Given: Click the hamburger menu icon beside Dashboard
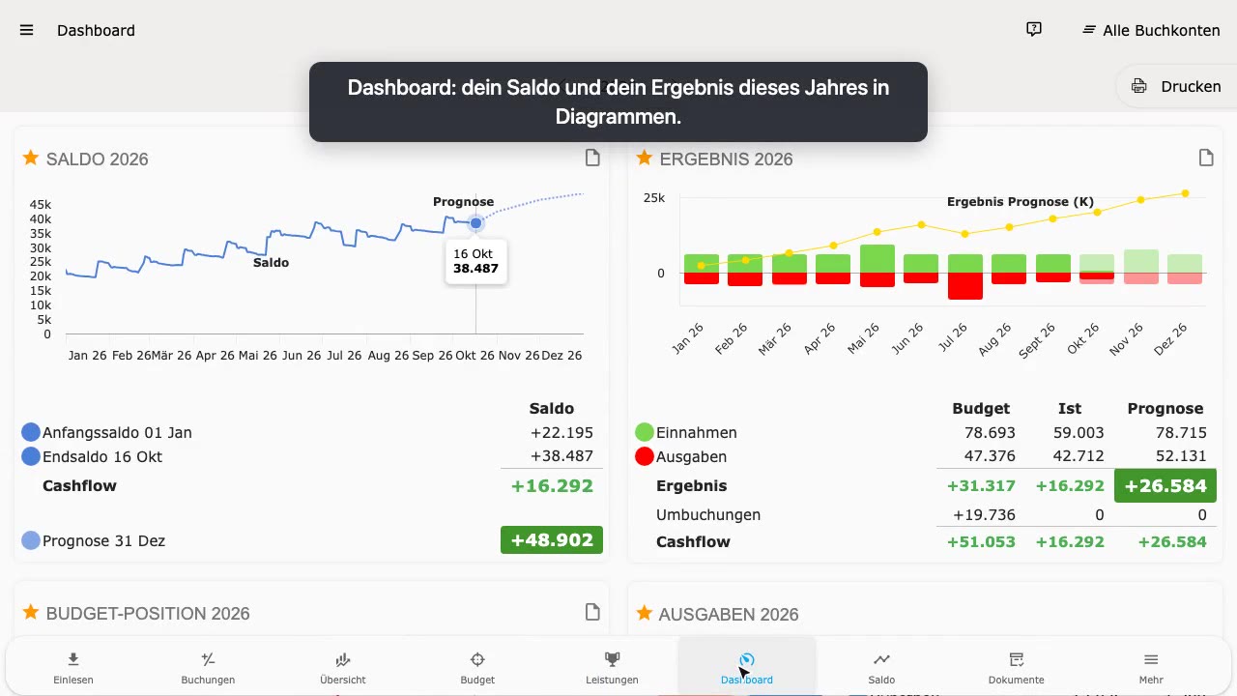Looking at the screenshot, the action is [26, 30].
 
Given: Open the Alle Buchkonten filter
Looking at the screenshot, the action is [1151, 30].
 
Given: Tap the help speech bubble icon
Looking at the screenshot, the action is [1034, 29].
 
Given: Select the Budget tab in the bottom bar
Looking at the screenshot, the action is [477, 667].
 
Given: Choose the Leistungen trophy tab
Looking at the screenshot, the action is [612, 667].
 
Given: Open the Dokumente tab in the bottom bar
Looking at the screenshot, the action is [1016, 667].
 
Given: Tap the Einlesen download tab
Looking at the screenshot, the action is [73, 667].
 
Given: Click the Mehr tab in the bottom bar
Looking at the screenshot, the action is [1151, 667].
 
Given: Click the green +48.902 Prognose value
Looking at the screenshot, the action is [552, 539].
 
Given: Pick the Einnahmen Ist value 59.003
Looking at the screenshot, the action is [1078, 432].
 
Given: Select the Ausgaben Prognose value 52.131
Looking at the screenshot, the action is [1181, 455].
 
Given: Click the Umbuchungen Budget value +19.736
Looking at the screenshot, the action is [984, 515].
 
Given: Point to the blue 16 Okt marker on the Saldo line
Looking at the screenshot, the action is [475, 223].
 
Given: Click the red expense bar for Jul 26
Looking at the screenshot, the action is [965, 286].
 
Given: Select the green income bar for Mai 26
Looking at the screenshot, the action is [877, 258].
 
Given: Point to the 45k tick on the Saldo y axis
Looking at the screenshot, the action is [41, 204].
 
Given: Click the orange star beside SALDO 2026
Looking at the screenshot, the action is [31, 158].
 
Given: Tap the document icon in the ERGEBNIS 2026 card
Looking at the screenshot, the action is [1206, 158].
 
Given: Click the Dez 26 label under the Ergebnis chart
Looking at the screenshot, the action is [1170, 339].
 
